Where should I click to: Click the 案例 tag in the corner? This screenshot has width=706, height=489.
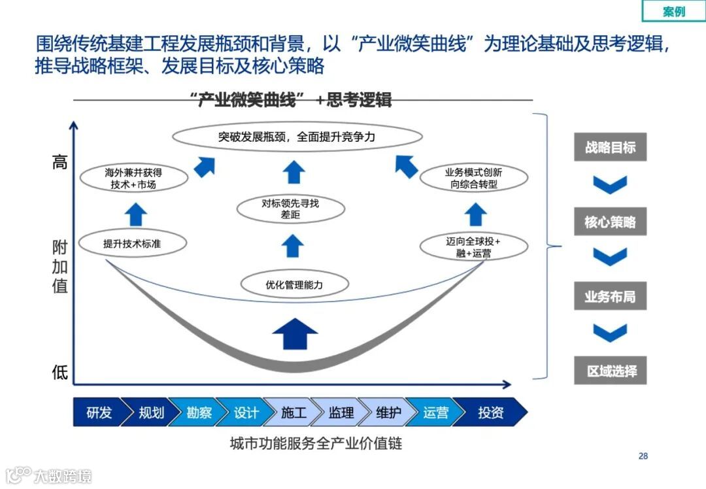(673, 11)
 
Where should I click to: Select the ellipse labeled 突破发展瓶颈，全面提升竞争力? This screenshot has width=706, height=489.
(297, 137)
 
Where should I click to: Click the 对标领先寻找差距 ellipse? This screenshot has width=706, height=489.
(290, 209)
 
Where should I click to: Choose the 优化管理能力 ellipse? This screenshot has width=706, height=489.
(294, 285)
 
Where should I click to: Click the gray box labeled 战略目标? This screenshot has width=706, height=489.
(610, 147)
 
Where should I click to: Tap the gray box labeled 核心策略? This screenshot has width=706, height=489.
(610, 222)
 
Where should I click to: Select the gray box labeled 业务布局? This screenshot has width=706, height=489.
(610, 297)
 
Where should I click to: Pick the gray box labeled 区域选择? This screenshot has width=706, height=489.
(610, 371)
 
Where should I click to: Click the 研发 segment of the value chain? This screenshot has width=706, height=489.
(98, 413)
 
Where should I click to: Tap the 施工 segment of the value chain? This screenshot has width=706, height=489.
(293, 413)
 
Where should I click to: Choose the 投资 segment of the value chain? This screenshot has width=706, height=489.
(490, 413)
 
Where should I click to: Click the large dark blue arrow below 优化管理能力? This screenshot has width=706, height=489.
(295, 333)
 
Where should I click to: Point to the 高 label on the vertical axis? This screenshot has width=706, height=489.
(60, 162)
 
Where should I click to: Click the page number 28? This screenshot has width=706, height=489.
(643, 456)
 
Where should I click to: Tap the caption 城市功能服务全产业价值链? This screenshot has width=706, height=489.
(316, 445)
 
